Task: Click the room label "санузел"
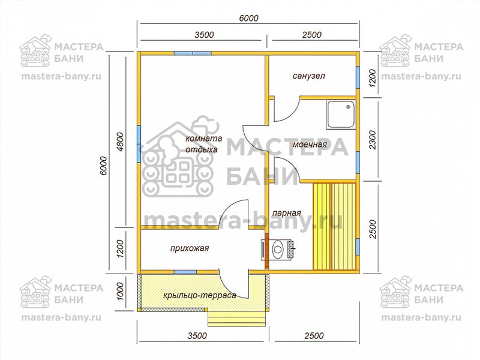click(308, 76)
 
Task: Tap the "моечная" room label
click(310, 144)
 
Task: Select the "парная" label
click(287, 212)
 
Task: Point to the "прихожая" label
click(190, 248)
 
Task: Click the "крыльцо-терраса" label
click(200, 295)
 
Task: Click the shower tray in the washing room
click(341, 115)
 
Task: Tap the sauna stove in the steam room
click(278, 249)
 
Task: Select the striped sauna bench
click(334, 226)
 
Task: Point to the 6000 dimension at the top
click(248, 18)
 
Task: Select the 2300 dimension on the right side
click(372, 140)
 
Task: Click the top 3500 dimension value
click(204, 35)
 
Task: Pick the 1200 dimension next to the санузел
click(372, 78)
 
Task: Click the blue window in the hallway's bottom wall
click(185, 272)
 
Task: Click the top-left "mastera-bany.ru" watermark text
click(61, 76)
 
